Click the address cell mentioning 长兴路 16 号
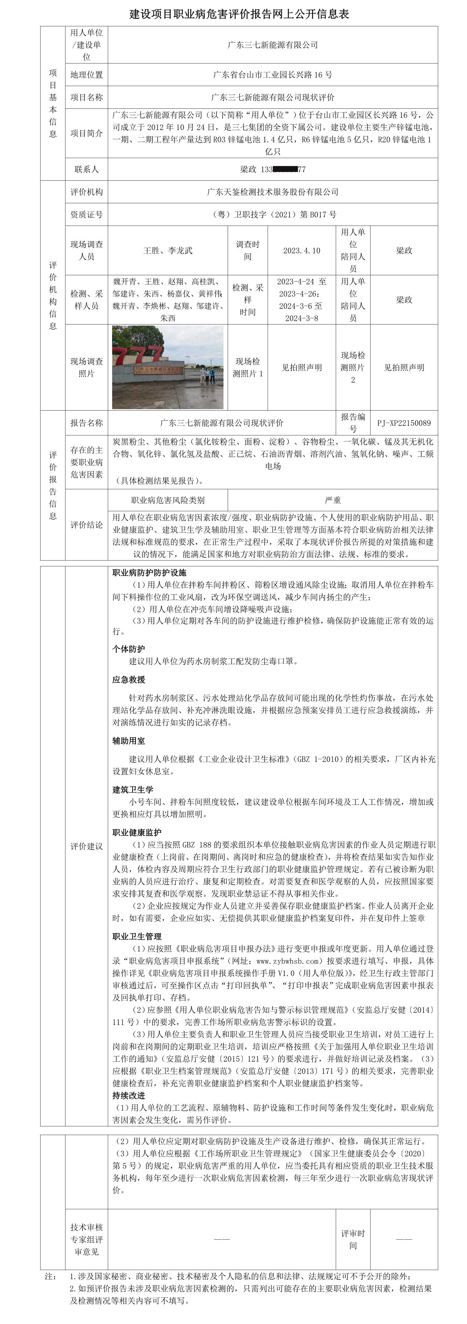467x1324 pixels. pyautogui.click(x=273, y=75)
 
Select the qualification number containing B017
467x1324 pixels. pyautogui.click(x=273, y=214)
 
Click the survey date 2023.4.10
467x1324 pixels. pyautogui.click(x=301, y=250)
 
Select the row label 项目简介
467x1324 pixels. pyautogui.click(x=86, y=133)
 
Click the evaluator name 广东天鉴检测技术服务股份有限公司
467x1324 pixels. pyautogui.click(x=273, y=192)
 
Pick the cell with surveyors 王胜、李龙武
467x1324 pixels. pyautogui.click(x=168, y=250)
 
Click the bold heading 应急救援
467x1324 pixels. pyautogui.click(x=129, y=679)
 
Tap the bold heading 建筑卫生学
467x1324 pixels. pyautogui.click(x=133, y=789)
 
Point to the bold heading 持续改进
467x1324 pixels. pyautogui.click(x=129, y=1095)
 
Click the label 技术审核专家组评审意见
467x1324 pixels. pyautogui.click(x=86, y=1239)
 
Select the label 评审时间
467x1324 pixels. pyautogui.click(x=353, y=1239)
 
